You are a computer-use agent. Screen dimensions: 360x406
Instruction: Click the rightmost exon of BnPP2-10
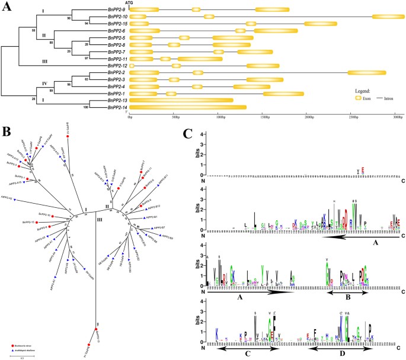(x=388, y=17)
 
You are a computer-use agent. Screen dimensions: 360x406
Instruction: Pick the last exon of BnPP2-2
(x=367, y=72)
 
